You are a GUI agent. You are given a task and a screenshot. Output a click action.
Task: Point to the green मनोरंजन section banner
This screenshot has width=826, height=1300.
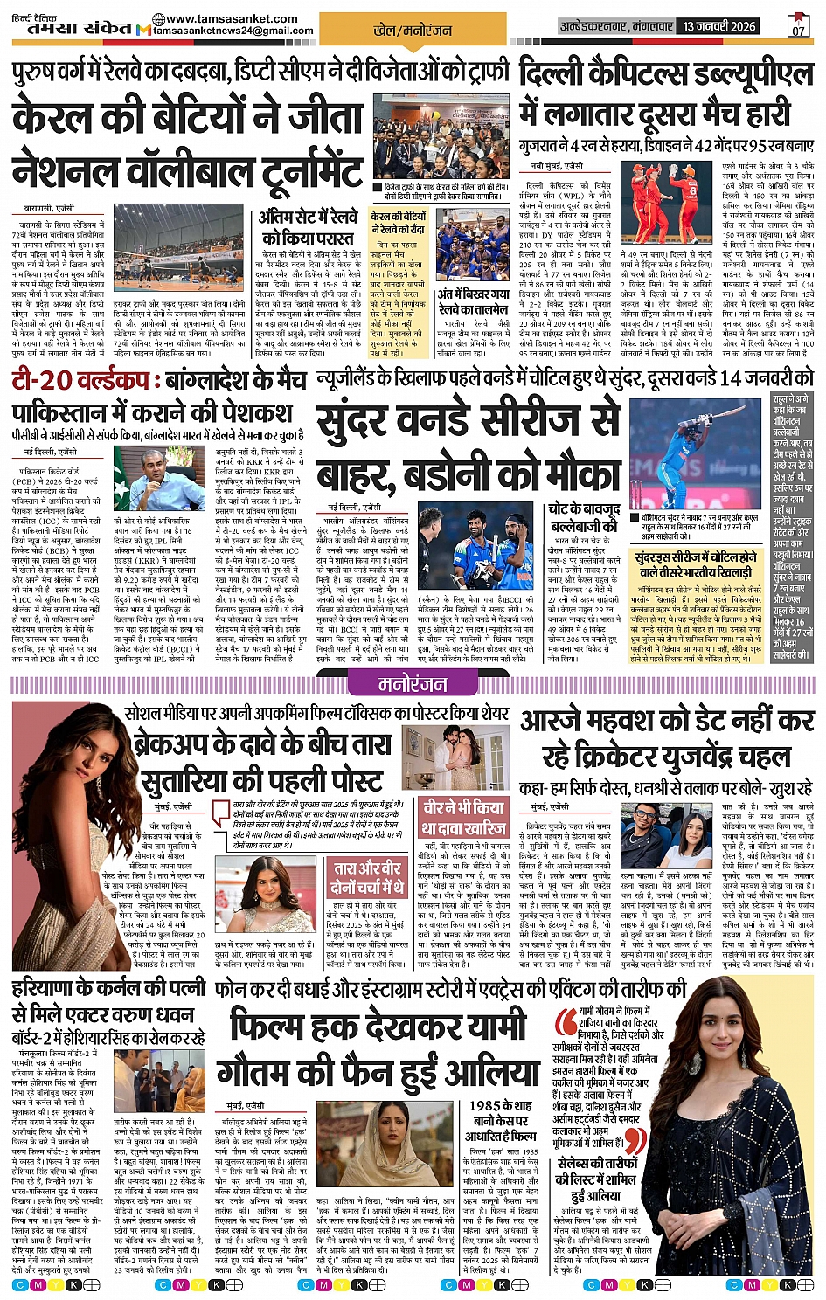tap(413, 683)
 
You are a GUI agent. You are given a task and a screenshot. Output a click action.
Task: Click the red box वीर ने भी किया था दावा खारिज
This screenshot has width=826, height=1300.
tap(463, 816)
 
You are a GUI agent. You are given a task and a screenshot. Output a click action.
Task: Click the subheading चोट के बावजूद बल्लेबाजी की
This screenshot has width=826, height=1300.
tap(585, 517)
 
